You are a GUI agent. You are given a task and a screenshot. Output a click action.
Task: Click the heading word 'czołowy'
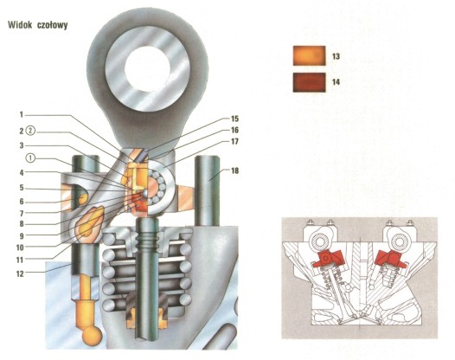(53, 25)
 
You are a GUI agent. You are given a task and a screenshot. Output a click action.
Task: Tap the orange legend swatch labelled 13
(309, 55)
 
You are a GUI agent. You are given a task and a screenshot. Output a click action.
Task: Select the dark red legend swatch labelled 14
(309, 82)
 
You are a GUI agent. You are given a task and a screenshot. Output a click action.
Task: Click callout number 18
(234, 170)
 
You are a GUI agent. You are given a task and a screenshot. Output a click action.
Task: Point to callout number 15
(234, 119)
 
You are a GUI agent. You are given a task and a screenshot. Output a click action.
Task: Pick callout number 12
(20, 273)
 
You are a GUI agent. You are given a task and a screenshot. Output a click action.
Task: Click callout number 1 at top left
(21, 115)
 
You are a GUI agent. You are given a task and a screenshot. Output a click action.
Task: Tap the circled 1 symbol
(31, 158)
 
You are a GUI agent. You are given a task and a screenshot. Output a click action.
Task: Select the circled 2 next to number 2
(31, 132)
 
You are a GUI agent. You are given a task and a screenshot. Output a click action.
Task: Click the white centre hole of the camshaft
(147, 67)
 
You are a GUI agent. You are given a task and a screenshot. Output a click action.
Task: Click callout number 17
(234, 141)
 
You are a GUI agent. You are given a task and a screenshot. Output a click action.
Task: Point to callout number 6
(22, 202)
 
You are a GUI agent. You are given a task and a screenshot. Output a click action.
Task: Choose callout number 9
(22, 235)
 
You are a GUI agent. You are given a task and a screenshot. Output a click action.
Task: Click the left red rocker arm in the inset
(328, 260)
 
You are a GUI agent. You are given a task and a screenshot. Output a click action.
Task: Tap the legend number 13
(336, 56)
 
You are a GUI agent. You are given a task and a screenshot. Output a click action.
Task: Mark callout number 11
(20, 260)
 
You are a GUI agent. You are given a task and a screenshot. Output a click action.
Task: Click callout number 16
(234, 130)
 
